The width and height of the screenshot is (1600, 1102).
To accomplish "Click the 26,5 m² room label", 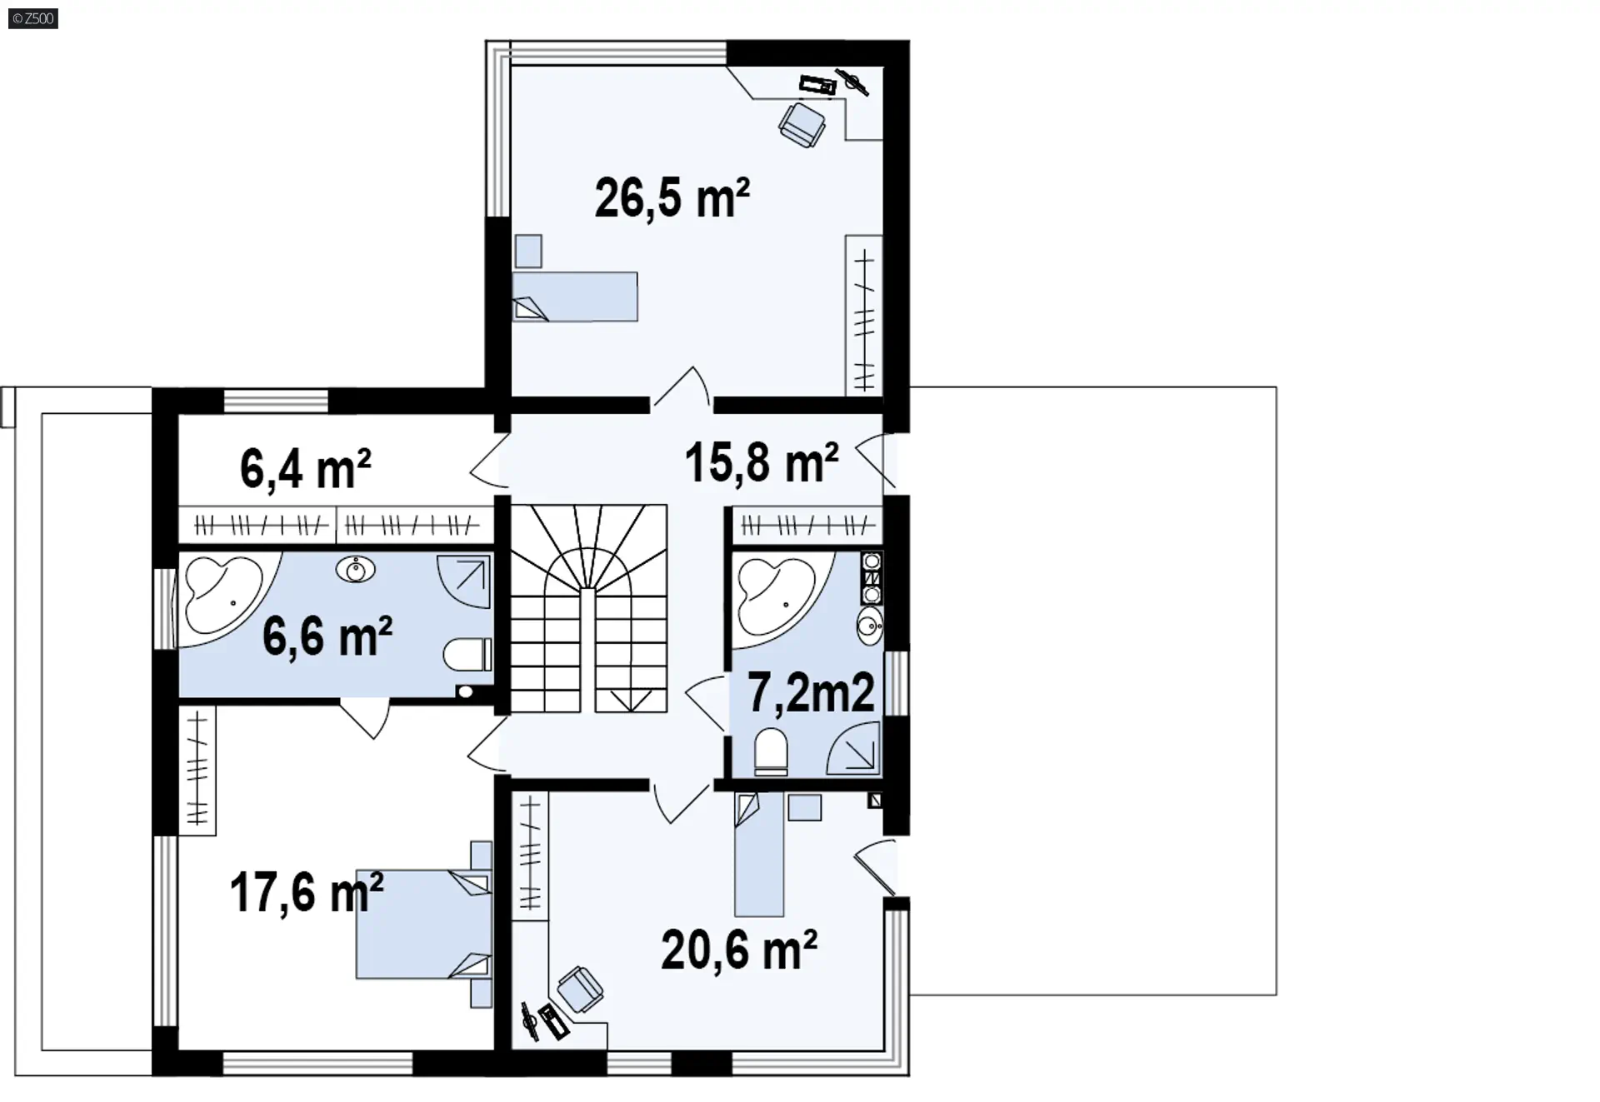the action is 672,198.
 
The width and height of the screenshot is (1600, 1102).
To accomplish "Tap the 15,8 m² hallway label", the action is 762,462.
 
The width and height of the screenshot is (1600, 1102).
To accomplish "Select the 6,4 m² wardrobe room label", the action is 305,468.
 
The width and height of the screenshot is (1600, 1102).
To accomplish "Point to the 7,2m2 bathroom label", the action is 811,692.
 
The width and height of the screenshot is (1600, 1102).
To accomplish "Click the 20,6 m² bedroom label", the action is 739,950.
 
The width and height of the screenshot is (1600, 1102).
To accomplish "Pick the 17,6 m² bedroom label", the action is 306,892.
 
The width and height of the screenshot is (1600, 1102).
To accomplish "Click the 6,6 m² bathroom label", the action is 327,636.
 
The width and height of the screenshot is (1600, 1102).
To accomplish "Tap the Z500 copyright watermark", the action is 32,18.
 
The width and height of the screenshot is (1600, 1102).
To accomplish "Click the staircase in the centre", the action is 589,608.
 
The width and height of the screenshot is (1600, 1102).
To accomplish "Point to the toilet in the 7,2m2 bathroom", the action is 771,752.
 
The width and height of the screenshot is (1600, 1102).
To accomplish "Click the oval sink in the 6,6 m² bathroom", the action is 356,571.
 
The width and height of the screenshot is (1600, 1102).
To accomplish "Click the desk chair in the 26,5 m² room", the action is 802,124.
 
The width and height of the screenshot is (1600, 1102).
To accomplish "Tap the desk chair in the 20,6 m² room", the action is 580,990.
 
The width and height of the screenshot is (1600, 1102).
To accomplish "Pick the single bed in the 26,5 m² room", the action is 575,297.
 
